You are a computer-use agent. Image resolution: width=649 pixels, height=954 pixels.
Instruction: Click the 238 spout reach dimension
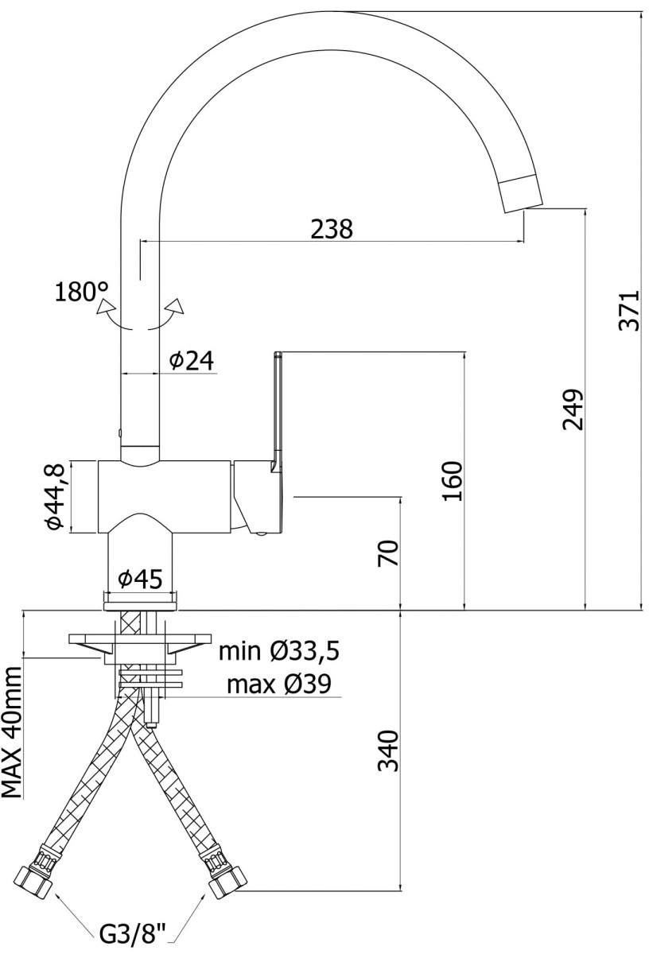click(x=332, y=229)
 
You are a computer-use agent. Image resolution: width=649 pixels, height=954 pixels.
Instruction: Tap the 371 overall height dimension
click(x=629, y=311)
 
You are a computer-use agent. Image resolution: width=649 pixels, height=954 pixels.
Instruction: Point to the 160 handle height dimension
click(x=453, y=481)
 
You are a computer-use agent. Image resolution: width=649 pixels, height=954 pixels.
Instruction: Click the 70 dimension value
click(x=388, y=553)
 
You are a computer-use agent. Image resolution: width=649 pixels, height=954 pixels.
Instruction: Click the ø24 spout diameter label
click(x=192, y=361)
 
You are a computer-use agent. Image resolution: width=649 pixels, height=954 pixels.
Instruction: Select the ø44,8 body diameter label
click(x=56, y=498)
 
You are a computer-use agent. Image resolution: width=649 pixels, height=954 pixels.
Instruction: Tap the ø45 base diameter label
click(x=140, y=580)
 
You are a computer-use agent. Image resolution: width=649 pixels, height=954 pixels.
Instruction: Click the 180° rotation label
click(x=81, y=293)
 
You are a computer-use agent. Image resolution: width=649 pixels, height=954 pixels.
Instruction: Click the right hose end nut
click(x=228, y=879)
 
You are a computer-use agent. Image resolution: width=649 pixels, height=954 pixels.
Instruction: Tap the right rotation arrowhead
click(x=176, y=305)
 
